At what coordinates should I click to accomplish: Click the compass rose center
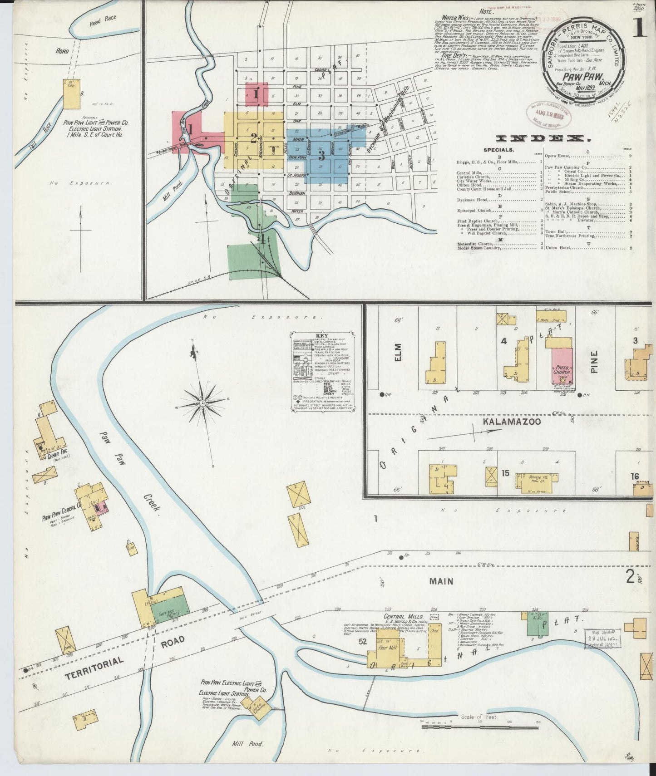[x=202, y=402]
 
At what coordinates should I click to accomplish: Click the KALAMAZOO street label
[x=512, y=422]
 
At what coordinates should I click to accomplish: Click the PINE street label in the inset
[x=595, y=362]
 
